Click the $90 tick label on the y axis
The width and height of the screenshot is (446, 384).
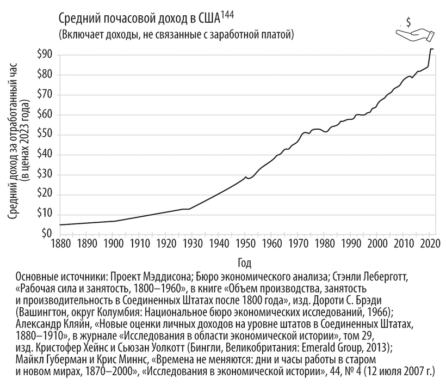(x=45, y=54)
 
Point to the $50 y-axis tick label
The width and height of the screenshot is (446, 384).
(x=45, y=135)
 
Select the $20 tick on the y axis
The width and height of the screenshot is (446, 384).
(x=45, y=194)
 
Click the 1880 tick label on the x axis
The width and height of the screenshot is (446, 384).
(x=59, y=243)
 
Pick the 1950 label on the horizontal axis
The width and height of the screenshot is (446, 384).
(x=245, y=243)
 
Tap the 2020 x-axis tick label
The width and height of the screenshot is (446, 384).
(x=431, y=243)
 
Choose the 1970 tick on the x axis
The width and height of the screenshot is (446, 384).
(x=298, y=243)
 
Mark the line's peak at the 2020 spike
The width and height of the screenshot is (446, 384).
(x=432, y=49)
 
